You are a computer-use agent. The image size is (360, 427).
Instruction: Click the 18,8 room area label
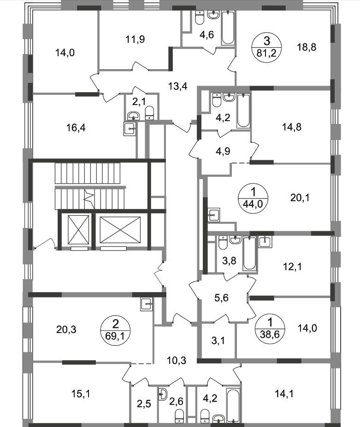pos(307,47)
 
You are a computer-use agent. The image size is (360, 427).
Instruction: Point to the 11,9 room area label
pos(135,40)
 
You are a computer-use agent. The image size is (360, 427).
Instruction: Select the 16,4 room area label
pos(76,128)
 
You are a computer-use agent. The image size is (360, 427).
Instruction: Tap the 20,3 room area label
pos(66,330)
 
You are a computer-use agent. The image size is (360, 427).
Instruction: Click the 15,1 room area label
pos(81,394)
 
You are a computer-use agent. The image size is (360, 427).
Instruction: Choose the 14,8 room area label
pos(292,127)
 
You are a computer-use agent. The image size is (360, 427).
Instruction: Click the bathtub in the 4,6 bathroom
pos(228,28)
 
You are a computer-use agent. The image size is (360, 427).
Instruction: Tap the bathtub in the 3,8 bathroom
pos(250,254)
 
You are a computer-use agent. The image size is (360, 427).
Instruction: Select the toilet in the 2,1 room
pos(149,113)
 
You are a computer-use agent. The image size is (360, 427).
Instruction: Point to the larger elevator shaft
pos(120,230)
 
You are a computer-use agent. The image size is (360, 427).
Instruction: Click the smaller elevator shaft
pos(78,230)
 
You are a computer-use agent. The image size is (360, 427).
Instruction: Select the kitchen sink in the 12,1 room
pos(265,241)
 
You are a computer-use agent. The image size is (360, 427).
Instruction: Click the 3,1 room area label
pos(218,340)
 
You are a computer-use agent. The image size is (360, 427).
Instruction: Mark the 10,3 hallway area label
pos(177,361)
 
